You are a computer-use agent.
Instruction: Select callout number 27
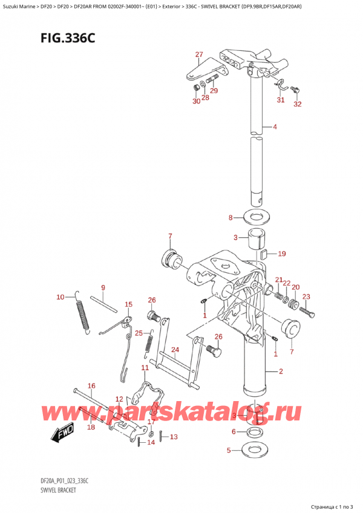coord(199,55)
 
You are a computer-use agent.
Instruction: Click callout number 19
coord(282,254)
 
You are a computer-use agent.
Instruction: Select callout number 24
coord(175,350)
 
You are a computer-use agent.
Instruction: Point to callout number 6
coord(234,431)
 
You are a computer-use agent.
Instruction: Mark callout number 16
coord(91,385)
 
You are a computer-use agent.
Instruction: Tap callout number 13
coord(173,437)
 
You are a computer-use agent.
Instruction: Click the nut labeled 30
coord(197,88)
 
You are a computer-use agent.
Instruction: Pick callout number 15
coord(128,304)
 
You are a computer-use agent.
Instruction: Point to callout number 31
coord(280,100)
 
